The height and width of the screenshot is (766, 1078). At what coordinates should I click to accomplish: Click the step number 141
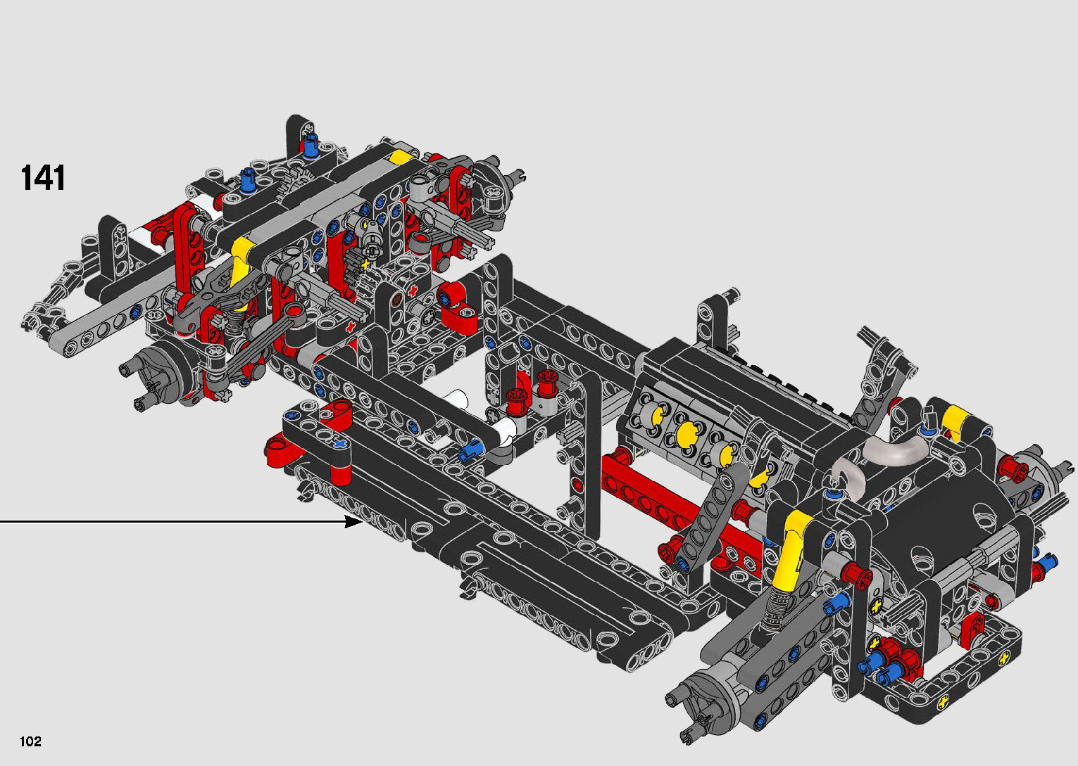[x=43, y=179]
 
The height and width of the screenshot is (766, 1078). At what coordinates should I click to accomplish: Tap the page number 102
[x=30, y=741]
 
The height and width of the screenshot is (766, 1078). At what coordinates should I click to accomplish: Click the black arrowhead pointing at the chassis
[x=353, y=521]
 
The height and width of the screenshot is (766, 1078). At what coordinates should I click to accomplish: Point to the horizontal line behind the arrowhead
[x=173, y=521]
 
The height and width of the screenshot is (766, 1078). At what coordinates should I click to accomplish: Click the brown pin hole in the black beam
[x=396, y=300]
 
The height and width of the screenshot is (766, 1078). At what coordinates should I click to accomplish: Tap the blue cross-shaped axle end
[x=341, y=442]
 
